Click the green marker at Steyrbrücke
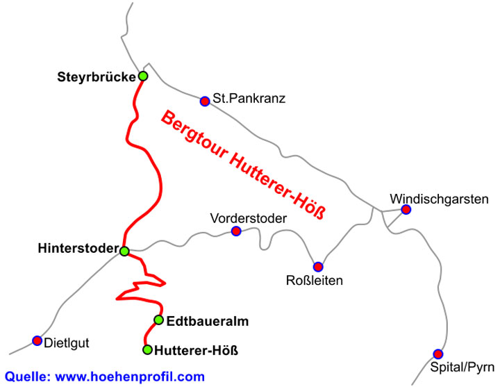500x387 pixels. click(143, 76)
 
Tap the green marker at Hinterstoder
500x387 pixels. click(124, 251)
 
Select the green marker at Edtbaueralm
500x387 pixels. click(158, 320)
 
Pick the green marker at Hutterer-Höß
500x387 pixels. click(147, 349)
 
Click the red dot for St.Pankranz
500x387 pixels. click(205, 101)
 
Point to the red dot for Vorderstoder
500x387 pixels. click(236, 231)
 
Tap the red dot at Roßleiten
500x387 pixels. click(318, 266)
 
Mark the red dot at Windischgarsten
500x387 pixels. click(406, 209)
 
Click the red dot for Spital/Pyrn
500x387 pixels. click(437, 354)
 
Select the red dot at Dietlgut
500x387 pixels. click(37, 340)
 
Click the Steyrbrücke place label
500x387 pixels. click(96, 76)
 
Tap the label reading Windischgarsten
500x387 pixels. click(438, 199)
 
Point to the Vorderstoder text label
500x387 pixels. click(248, 219)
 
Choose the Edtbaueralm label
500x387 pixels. click(208, 321)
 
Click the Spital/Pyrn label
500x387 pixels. click(462, 366)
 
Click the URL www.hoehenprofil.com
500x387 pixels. click(130, 377)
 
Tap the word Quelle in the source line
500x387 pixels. click(27, 377)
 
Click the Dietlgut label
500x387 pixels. click(67, 342)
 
